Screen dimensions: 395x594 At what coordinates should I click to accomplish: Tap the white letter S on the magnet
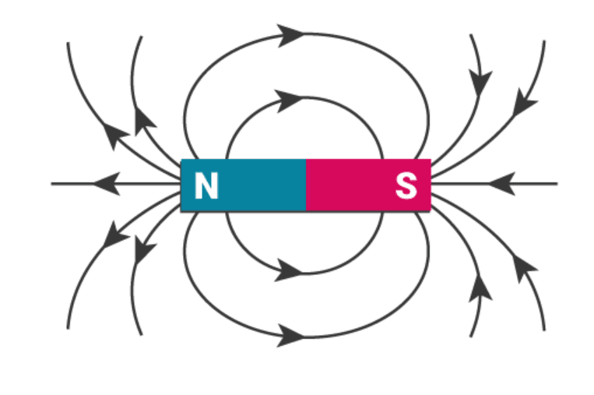click(406, 186)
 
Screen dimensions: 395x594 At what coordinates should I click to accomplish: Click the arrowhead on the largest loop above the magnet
click(291, 34)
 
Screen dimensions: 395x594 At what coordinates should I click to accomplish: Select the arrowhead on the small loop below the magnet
click(289, 272)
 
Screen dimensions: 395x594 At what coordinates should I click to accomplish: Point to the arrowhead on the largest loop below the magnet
click(291, 336)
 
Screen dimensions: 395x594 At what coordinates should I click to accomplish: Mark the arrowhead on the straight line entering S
click(502, 184)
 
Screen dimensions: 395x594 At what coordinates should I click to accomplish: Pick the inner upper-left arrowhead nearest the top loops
click(145, 121)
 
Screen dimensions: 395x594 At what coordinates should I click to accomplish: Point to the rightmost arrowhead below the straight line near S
click(525, 269)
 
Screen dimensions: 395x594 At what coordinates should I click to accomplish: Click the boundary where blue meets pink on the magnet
click(306, 185)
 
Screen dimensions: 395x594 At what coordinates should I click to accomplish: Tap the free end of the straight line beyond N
click(52, 184)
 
